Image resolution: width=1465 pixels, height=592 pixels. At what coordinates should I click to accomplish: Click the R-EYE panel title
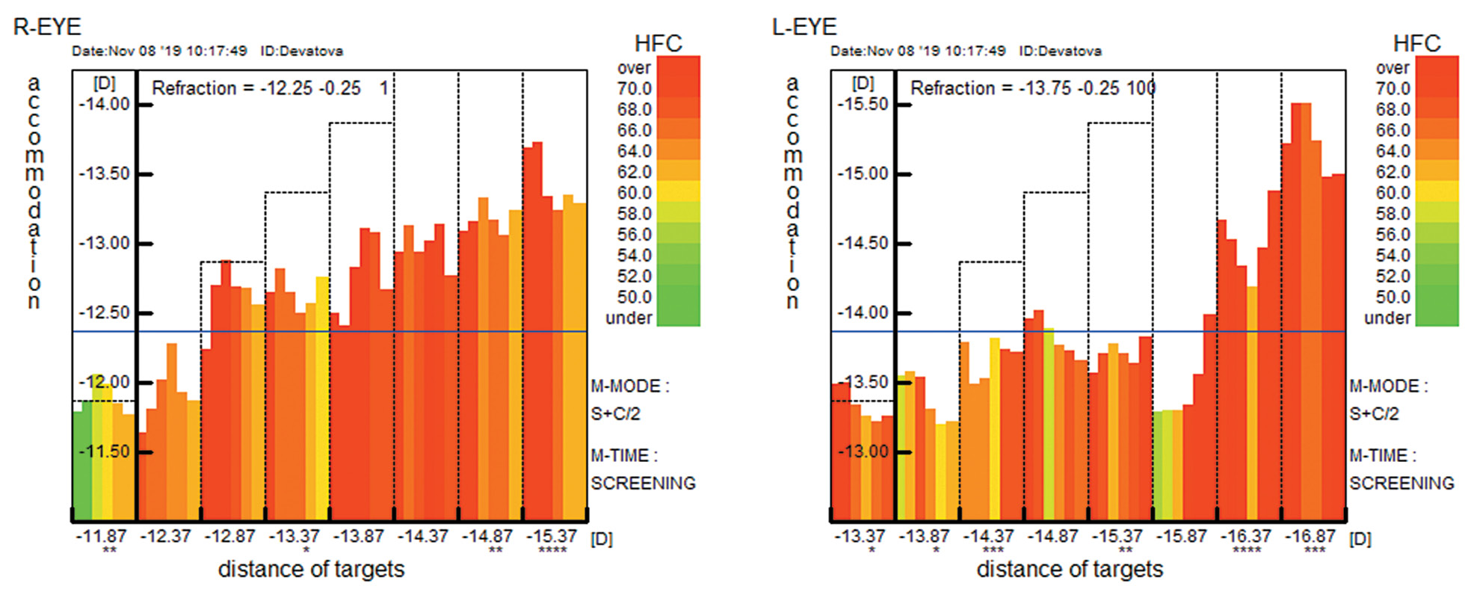point(47,27)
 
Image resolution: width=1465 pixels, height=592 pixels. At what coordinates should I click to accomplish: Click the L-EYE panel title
point(804,27)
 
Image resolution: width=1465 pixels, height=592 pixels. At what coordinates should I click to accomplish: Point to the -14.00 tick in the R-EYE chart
point(105,104)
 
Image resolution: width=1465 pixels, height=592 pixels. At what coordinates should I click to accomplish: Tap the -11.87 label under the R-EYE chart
point(101,536)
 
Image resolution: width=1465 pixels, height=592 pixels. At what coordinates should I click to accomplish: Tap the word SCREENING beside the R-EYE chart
point(643,484)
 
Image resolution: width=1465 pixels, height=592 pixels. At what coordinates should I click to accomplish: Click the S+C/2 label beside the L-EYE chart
point(1374,414)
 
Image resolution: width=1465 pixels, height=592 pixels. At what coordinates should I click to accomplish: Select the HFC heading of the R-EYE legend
point(658,43)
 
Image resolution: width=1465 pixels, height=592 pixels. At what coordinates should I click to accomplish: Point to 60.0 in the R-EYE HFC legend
point(634,193)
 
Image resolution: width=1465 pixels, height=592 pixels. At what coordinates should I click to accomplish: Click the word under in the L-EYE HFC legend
point(1387,318)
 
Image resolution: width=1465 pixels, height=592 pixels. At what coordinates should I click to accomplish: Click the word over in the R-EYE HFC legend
point(634,68)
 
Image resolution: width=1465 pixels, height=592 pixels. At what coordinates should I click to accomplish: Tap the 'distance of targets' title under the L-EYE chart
point(1070,570)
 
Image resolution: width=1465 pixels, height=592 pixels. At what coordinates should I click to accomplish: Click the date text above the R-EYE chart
point(159,51)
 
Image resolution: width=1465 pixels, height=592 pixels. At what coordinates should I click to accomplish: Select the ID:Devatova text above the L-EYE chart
point(1060,51)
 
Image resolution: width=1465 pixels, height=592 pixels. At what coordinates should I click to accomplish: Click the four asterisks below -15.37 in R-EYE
point(552,551)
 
